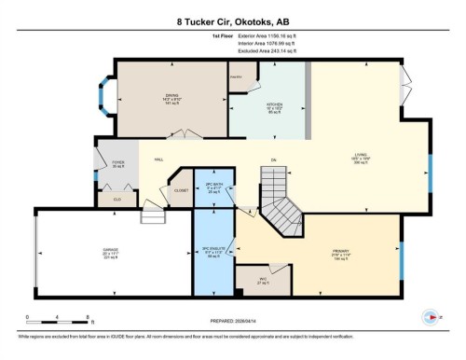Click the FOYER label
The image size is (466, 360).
117,162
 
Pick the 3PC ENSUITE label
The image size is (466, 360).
213,251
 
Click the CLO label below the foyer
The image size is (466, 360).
116,198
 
